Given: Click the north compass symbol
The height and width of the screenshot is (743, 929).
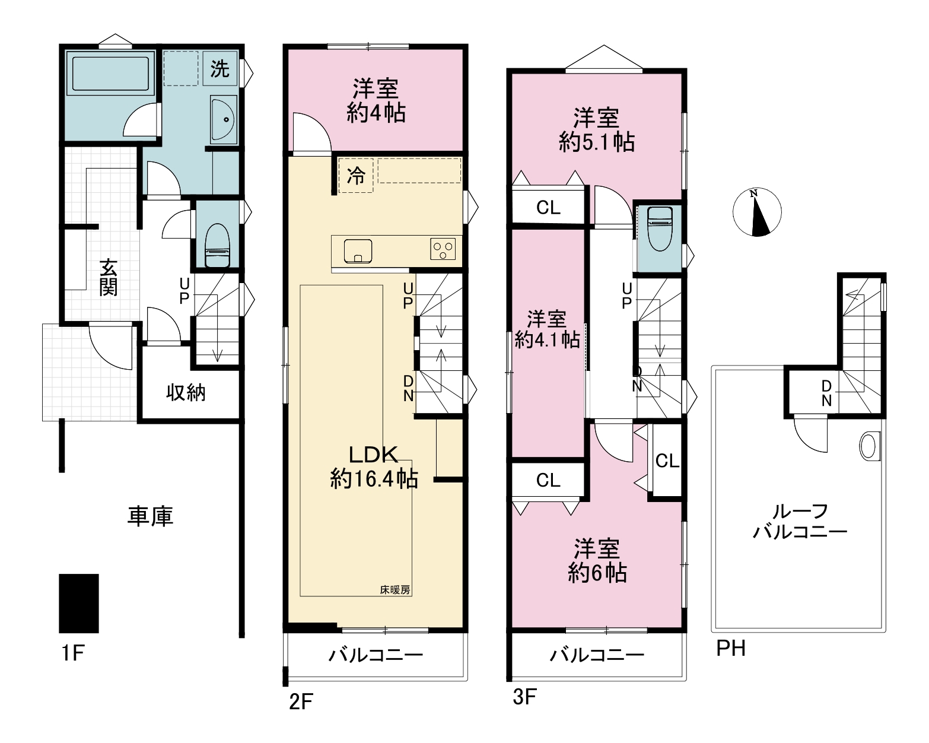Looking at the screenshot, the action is click(757, 212).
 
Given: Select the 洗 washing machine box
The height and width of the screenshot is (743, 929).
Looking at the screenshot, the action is click(219, 68).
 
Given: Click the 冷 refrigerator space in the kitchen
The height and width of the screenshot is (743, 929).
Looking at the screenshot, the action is click(356, 176).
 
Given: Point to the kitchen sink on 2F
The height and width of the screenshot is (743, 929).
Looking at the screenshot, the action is click(358, 251).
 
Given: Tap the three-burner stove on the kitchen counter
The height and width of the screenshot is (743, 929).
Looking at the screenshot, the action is click(443, 249).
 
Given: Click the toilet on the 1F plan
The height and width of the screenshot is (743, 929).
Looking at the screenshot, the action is click(217, 246).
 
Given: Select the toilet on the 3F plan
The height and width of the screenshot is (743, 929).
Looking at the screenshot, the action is click(660, 228).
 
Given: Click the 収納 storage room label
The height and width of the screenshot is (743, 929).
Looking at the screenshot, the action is click(186, 393).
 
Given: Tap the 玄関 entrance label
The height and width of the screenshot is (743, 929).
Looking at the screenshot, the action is click(108, 277).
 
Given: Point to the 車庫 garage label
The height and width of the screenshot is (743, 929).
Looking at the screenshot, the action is click(150, 516).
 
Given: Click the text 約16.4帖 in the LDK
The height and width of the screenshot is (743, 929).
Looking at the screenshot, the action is click(374, 479).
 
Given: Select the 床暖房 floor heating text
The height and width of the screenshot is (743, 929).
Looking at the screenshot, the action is click(395, 590).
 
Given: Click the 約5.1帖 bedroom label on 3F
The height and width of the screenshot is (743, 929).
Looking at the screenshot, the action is click(597, 142).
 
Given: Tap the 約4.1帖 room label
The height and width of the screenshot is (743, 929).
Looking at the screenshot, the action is click(547, 340).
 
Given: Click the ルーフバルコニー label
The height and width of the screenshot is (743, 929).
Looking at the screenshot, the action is click(800, 522).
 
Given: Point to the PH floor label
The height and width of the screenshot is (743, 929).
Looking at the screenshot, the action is click(731, 649).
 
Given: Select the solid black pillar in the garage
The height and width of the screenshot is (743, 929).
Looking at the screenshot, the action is click(79, 604).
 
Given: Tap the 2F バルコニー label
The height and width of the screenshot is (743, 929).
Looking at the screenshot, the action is click(376, 655).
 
